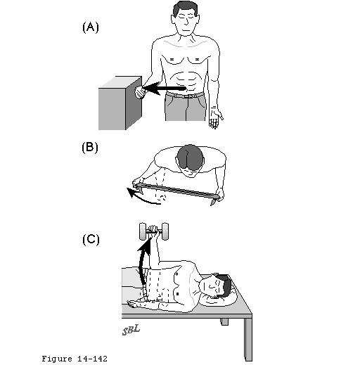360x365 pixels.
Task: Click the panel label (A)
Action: (91, 27)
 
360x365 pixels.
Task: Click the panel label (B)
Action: (90, 148)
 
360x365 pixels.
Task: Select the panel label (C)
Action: (91, 240)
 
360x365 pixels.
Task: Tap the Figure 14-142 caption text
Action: (75, 359)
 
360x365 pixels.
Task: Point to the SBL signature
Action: (131, 330)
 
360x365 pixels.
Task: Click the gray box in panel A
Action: (120, 103)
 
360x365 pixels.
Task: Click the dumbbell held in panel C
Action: (154, 231)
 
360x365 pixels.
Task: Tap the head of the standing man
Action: (186, 18)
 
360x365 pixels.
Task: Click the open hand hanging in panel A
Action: (215, 117)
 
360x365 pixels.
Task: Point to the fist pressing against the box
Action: (140, 92)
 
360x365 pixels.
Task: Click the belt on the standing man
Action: (185, 95)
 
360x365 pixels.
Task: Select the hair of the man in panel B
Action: (190, 156)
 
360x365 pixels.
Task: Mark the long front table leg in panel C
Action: (248, 340)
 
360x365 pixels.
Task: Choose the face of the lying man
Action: (212, 287)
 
